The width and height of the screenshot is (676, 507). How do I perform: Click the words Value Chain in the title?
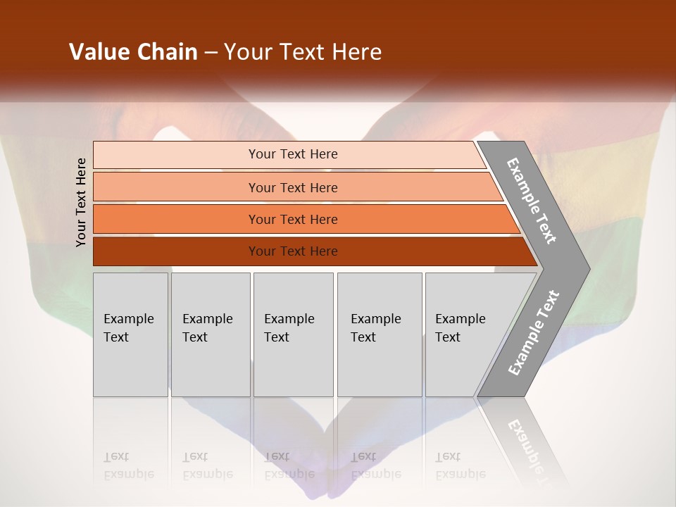133,52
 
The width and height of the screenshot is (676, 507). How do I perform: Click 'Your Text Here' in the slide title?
303,52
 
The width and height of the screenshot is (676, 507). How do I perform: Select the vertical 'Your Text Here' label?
81,202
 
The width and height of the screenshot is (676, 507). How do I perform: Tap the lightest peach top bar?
176,154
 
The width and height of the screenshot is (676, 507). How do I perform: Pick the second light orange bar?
176,187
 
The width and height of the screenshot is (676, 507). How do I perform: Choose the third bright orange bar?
176,219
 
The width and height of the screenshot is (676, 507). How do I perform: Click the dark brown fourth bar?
176,251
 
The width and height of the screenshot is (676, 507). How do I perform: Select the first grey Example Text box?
130,334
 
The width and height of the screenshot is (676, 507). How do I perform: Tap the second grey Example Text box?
211,334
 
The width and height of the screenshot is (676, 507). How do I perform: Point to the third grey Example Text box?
293,334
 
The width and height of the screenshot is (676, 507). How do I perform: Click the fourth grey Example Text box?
380,334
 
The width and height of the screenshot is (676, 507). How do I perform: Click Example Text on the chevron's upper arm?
532,201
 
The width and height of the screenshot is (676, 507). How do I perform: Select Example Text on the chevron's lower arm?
534,332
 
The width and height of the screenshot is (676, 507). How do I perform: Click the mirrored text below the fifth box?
459,465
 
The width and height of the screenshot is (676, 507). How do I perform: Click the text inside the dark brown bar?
293,251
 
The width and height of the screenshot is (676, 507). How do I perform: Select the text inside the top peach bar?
293,154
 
